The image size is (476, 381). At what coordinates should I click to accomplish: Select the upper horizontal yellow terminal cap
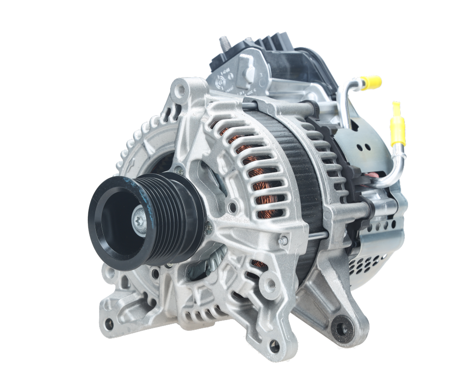pyautogui.click(x=370, y=83)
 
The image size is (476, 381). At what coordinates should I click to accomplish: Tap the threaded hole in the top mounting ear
pyautogui.click(x=182, y=90)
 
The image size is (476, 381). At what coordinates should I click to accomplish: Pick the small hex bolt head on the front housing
pyautogui.click(x=283, y=241)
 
